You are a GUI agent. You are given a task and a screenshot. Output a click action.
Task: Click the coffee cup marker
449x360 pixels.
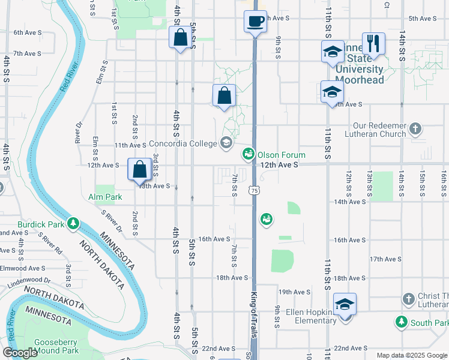coord(255,22)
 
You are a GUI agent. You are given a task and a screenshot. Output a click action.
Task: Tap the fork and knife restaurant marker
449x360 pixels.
coord(373,43)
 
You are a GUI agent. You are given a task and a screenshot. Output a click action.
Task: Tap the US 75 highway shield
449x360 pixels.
coord(255,190)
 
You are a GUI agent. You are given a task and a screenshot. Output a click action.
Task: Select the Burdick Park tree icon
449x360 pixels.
coord(74,223)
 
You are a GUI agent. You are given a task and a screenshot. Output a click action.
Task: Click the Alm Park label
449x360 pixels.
coord(105,197)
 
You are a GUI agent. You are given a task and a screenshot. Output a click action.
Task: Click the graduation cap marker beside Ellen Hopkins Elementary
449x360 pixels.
coord(345,304)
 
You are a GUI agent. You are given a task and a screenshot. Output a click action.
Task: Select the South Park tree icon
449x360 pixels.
coord(401,322)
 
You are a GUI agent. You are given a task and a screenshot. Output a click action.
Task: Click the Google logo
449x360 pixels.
coord(20,353)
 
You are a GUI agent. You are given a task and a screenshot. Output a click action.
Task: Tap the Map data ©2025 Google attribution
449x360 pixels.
coord(412,355)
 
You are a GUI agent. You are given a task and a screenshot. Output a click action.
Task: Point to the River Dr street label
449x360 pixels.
coord(78,133)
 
